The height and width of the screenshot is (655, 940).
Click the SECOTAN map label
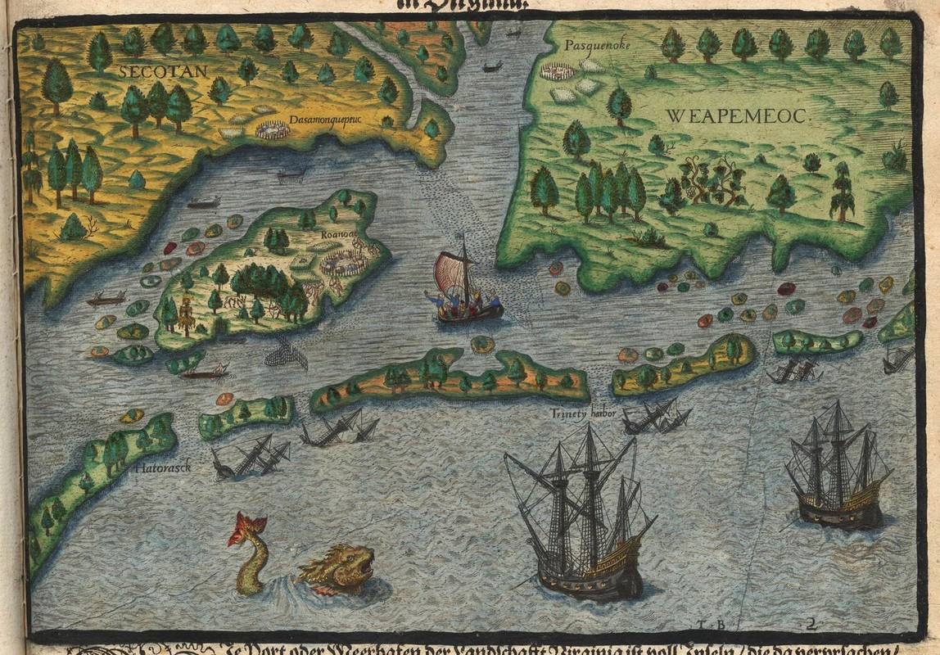point(163,71)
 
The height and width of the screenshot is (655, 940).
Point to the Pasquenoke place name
point(597,45)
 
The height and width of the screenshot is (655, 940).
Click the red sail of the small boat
point(450,273)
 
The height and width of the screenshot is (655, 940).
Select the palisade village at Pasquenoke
point(557,72)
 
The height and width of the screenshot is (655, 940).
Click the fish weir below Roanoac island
point(287,354)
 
